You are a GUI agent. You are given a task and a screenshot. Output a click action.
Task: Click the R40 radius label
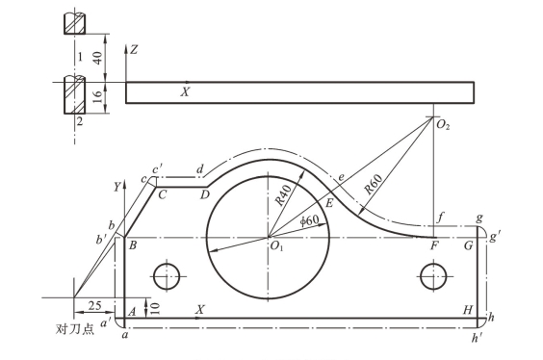(283, 194)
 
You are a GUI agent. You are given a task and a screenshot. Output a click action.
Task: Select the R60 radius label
(374, 184)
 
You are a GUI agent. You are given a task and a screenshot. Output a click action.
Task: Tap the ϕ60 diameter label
(309, 219)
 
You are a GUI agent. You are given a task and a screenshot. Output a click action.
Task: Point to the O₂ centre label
(443, 124)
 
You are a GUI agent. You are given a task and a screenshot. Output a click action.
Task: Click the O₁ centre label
(276, 246)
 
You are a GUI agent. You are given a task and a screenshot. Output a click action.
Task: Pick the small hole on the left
(167, 276)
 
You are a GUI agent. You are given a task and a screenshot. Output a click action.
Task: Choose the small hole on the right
(433, 276)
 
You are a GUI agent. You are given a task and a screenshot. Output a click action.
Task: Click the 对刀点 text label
(75, 329)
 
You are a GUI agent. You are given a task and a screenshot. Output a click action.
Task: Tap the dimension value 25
(94, 306)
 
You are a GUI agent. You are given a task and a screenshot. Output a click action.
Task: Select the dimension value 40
(98, 58)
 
